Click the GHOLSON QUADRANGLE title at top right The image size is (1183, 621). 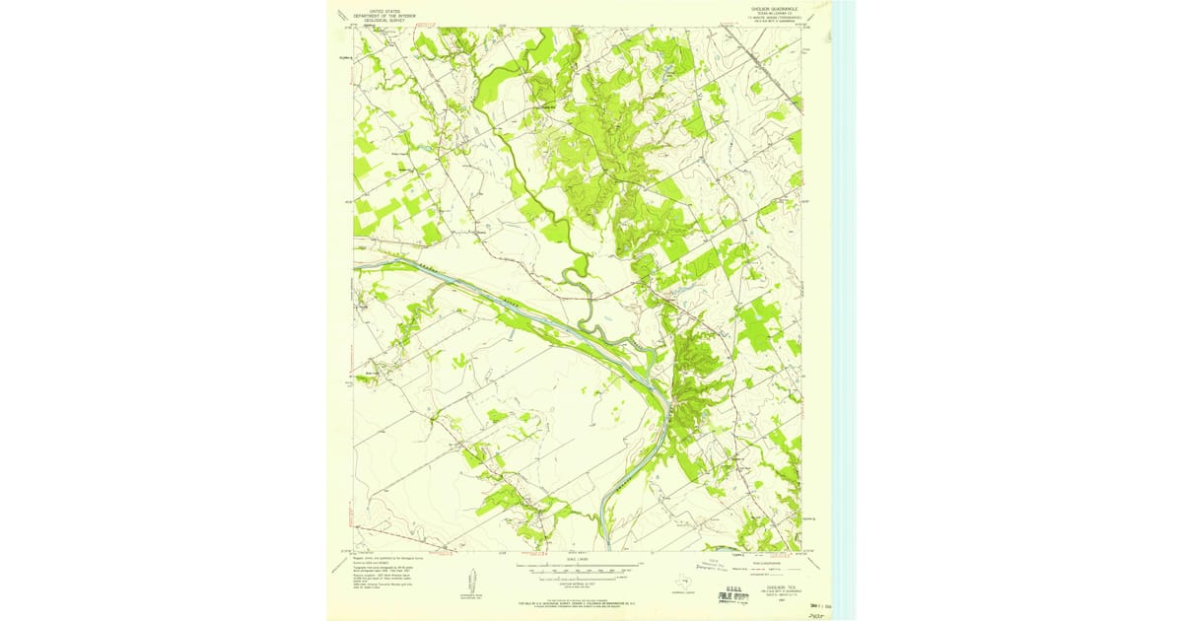(x=774, y=7)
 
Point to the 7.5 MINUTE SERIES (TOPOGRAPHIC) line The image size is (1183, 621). (x=774, y=17)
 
